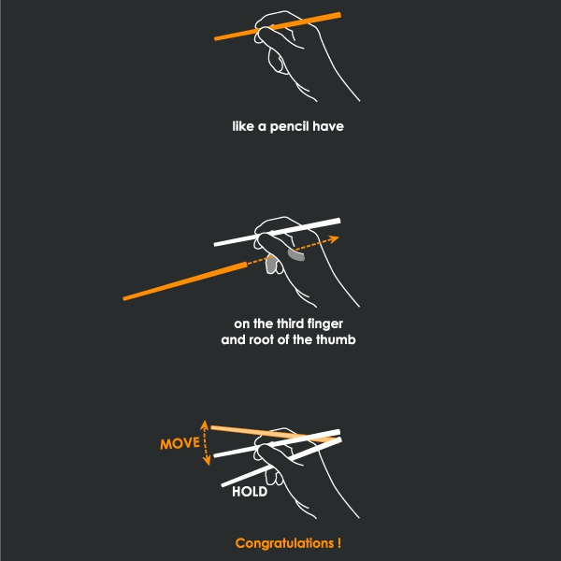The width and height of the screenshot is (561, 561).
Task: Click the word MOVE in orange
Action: pos(180,443)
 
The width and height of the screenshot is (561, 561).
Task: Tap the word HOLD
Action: pos(250,492)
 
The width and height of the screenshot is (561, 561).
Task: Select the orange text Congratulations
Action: pos(284,543)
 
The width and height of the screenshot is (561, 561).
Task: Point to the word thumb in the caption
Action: pos(336,339)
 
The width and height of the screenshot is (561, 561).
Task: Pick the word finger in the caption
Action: pos(324,324)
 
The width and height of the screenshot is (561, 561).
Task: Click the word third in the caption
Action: pos(290,324)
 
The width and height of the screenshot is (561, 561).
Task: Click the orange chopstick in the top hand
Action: pos(278,26)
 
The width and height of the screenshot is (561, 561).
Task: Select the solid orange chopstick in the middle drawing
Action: pos(185,281)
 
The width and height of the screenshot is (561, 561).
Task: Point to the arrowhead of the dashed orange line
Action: pos(334,238)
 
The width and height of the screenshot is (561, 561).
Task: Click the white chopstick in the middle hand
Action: pos(278,232)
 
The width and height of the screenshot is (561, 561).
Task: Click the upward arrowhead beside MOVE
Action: pos(204,424)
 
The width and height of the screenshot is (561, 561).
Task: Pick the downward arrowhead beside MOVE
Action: pos(207,461)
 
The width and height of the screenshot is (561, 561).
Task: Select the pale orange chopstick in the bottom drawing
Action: pos(274,433)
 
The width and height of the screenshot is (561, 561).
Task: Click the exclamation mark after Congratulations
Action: pos(338,542)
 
